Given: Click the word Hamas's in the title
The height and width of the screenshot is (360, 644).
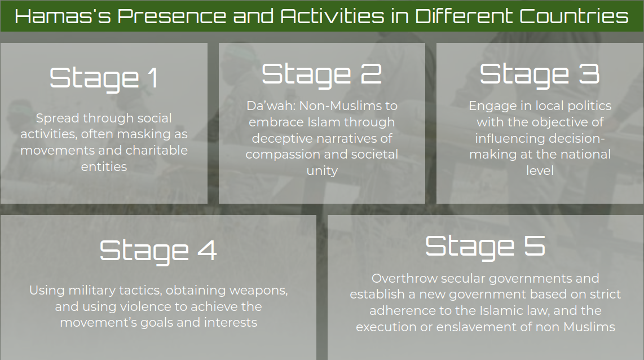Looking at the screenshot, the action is click(63, 16).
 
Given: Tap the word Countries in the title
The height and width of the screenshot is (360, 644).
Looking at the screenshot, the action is click(574, 16).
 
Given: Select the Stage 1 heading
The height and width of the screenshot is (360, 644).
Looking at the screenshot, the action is click(104, 78).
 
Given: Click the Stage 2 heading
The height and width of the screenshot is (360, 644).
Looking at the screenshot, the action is click(322, 75).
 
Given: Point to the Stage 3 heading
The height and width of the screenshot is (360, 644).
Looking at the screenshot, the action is click(540, 75).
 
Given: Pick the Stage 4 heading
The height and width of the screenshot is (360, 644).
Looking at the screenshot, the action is click(158, 251).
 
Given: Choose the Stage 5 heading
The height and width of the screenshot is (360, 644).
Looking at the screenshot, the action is click(485, 247).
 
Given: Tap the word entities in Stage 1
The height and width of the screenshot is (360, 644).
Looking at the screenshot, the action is click(104, 167).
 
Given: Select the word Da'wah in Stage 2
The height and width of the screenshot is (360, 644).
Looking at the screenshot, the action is click(271, 106).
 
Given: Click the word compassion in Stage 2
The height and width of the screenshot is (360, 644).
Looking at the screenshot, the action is click(285, 155).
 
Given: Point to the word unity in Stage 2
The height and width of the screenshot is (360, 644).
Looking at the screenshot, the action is click(322, 171).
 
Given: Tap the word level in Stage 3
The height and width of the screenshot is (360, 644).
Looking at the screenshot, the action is click(540, 170).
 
